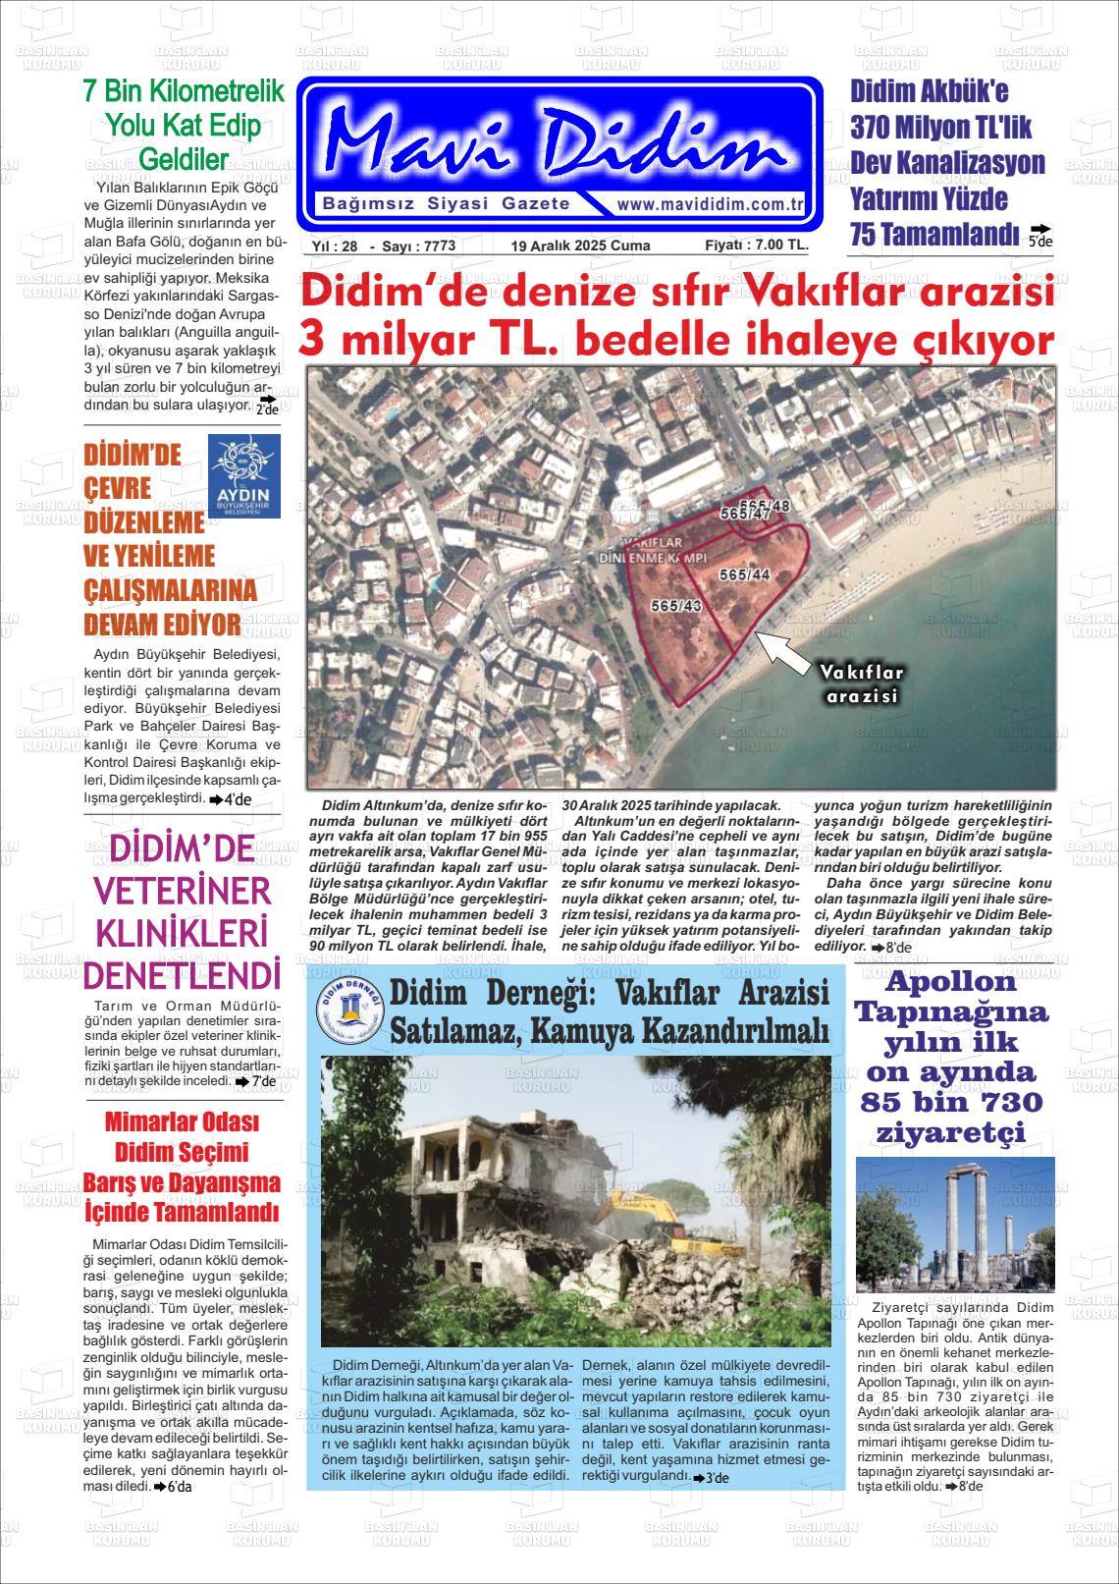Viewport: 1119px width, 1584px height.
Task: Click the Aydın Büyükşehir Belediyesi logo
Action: [244, 476]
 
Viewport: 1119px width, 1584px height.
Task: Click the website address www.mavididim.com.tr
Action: [710, 205]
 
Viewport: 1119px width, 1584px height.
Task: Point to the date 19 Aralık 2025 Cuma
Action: [580, 246]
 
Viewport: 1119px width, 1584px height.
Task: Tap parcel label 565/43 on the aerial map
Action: [675, 608]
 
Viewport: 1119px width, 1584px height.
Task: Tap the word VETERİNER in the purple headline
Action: [183, 891]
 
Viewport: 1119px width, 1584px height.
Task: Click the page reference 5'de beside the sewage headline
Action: [1039, 237]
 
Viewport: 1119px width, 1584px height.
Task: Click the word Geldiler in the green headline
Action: [184, 159]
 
